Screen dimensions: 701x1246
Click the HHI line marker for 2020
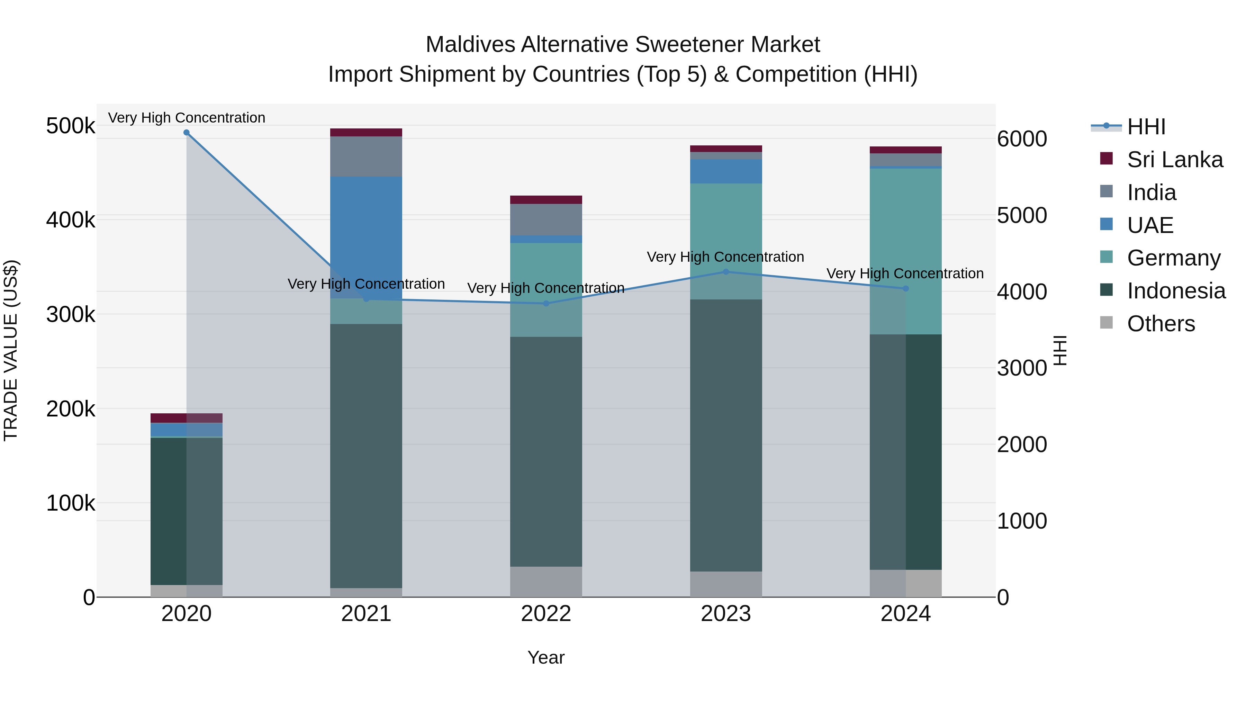point(187,133)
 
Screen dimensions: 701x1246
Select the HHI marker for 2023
point(725,272)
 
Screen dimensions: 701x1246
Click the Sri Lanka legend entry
point(1174,160)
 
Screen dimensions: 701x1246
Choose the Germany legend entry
point(1173,258)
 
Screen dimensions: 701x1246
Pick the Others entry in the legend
point(1161,324)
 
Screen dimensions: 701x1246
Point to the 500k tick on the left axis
point(71,126)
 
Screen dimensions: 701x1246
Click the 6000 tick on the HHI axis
point(1022,139)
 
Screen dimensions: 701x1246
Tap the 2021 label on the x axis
point(366,614)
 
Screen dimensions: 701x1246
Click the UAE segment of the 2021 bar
point(366,237)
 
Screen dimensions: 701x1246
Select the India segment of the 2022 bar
point(546,219)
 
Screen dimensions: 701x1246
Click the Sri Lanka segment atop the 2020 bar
point(187,418)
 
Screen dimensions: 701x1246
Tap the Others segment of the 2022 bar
point(546,582)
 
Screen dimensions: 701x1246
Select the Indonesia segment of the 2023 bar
point(725,435)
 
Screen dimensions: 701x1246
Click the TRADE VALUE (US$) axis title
point(11,350)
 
